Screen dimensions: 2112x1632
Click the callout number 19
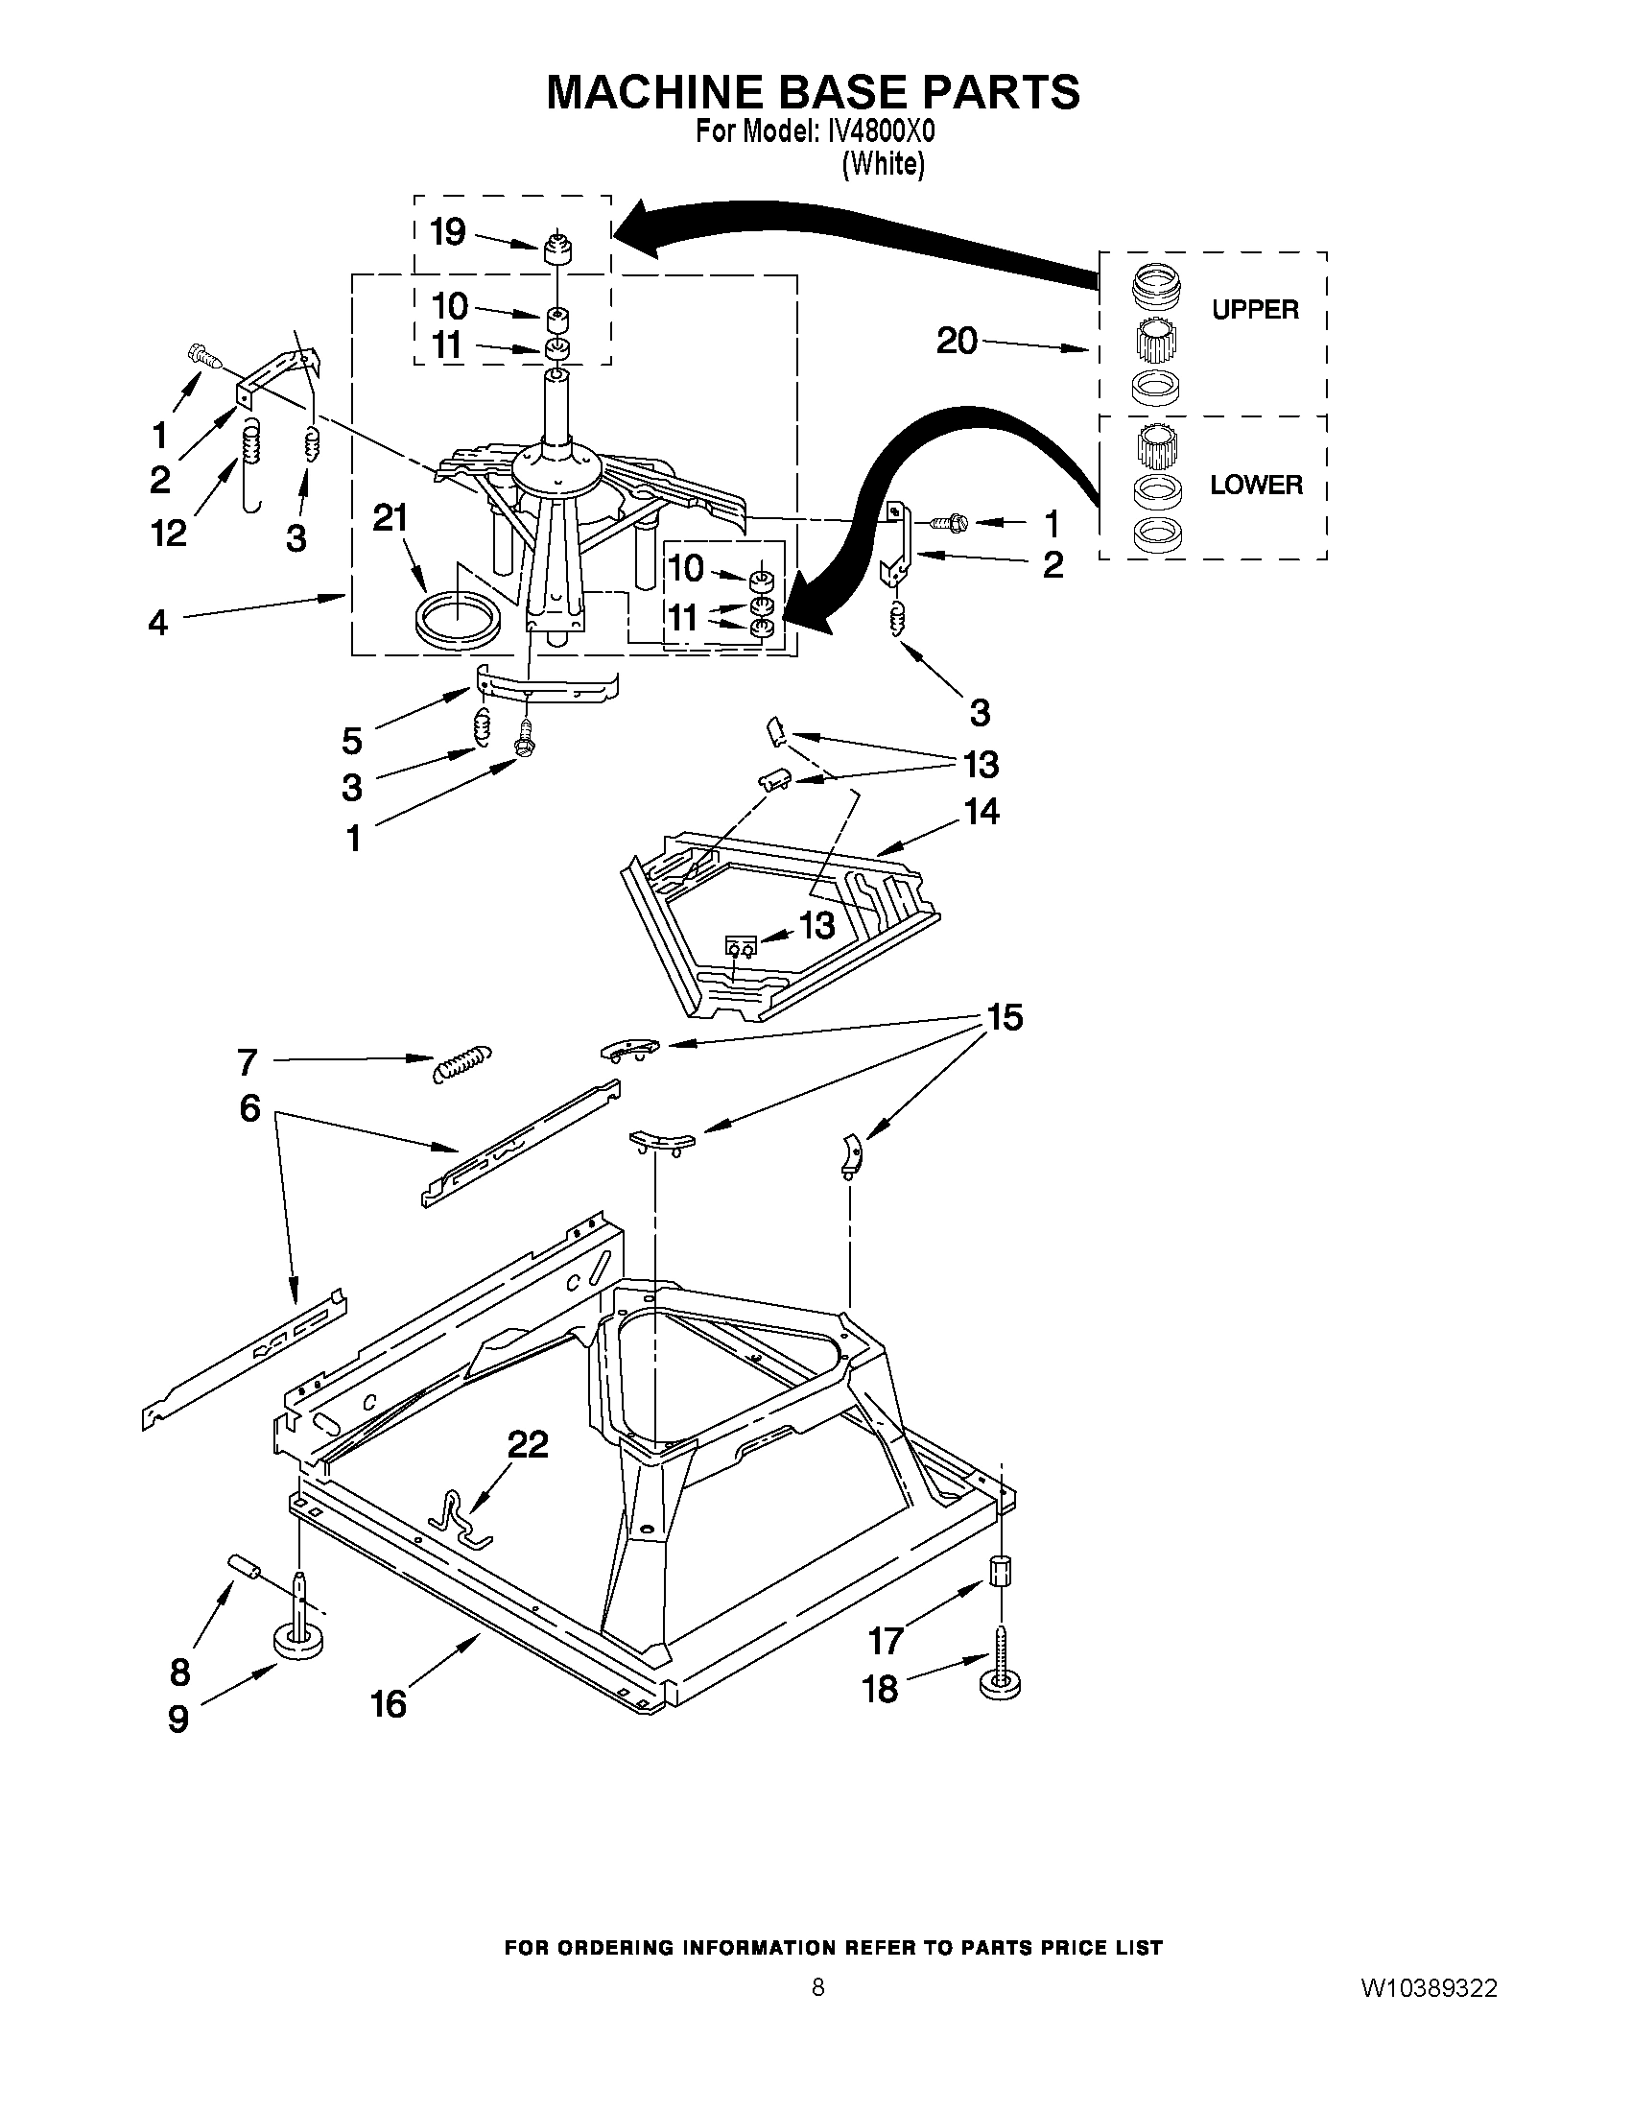[x=448, y=232]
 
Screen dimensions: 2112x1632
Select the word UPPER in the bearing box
[x=1255, y=310]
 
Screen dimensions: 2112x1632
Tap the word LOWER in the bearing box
[x=1256, y=485]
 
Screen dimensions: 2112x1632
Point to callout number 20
[x=957, y=341]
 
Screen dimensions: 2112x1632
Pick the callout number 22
[x=528, y=1444]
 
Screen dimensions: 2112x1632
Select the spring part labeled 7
[x=462, y=1065]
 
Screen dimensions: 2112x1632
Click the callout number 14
[x=981, y=811]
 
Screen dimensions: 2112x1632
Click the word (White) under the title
[x=883, y=164]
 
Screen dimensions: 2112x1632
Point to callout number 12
[x=169, y=533]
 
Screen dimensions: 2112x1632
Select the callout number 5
[x=352, y=741]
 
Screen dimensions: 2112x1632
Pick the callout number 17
[x=886, y=1640]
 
